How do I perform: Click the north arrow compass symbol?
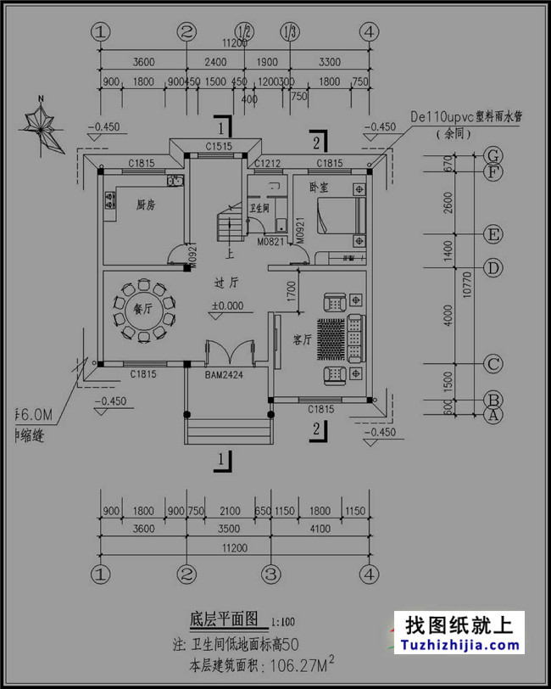pyautogui.click(x=42, y=128)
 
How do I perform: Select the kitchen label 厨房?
pyautogui.click(x=147, y=204)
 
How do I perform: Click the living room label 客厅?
pyautogui.click(x=302, y=339)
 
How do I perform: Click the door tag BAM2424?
pyautogui.click(x=225, y=373)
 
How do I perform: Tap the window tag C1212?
pyautogui.click(x=269, y=162)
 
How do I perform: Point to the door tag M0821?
pyautogui.click(x=270, y=241)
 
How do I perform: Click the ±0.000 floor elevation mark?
pyautogui.click(x=228, y=305)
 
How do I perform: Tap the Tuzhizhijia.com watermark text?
pyautogui.click(x=459, y=646)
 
